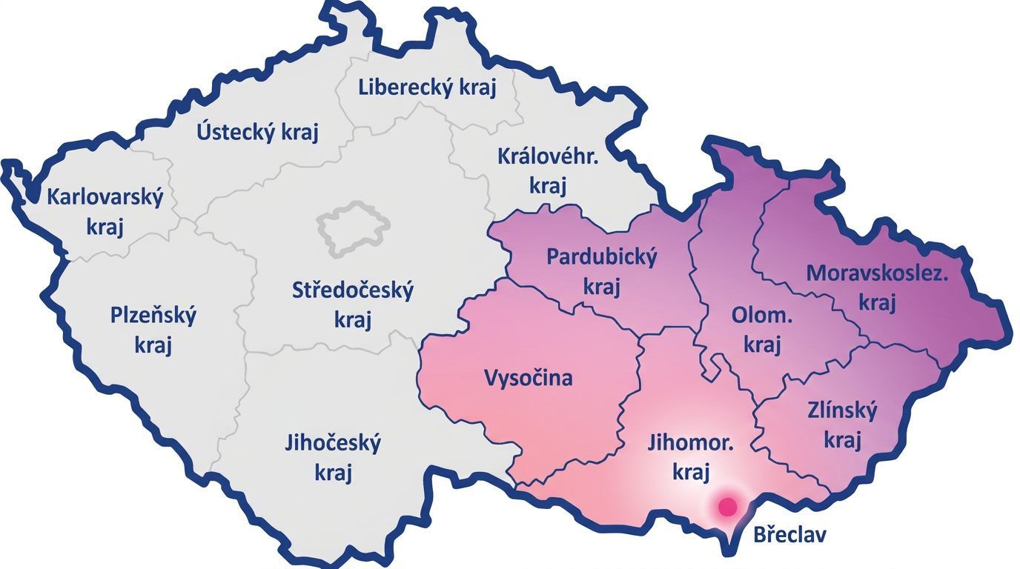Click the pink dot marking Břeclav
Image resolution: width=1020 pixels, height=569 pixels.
coord(728,507)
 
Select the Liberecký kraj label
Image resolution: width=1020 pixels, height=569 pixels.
coord(427,87)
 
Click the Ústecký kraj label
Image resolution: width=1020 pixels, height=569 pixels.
coord(257,133)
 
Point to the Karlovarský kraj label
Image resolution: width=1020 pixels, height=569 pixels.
coord(105,212)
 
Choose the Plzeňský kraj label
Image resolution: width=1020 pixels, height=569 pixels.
coord(153,330)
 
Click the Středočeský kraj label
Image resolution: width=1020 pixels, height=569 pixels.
coord(352,305)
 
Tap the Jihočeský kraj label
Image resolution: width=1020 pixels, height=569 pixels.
coord(333,458)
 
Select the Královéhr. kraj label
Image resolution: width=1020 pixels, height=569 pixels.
coord(548,171)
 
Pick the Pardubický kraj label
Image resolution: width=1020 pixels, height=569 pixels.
coord(601,271)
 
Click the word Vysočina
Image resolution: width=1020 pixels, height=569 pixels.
coord(529,378)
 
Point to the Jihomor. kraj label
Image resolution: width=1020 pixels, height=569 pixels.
coord(691,458)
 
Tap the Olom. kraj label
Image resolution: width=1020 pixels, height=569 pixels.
coord(762,330)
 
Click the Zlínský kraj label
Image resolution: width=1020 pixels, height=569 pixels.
coord(842,425)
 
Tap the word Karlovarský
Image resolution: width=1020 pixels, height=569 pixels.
coord(105,198)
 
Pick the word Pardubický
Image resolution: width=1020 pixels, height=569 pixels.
coord(601,258)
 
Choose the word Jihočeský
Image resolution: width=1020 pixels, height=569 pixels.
coord(333,444)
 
